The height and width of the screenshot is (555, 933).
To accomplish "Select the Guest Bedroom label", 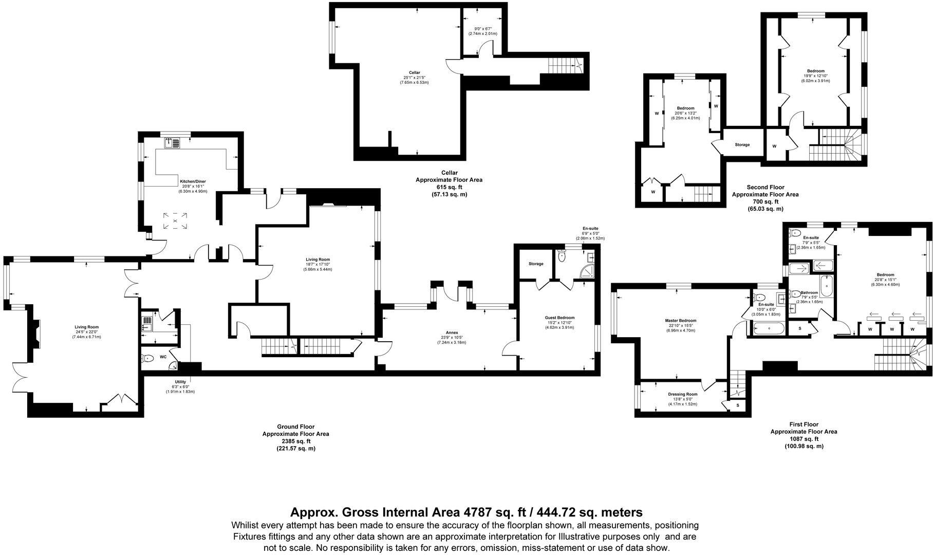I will pos(559,318).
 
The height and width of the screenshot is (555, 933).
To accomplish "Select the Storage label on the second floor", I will pos(742,145).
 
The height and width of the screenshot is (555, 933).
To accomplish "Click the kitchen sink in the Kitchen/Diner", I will pos(172,142).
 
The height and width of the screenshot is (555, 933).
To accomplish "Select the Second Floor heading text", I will pos(765,188).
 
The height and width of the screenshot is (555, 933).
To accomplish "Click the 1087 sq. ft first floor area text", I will pos(804,439).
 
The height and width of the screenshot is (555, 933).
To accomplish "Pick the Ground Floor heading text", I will pos(295,427).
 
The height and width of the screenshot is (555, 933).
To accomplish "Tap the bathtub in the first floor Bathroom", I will pos(826,286).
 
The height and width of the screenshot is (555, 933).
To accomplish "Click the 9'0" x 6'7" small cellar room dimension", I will pos(482,28).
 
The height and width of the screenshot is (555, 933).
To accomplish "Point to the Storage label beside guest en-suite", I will pos(536,264).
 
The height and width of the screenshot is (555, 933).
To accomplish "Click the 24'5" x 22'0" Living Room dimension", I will pos(86,332).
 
